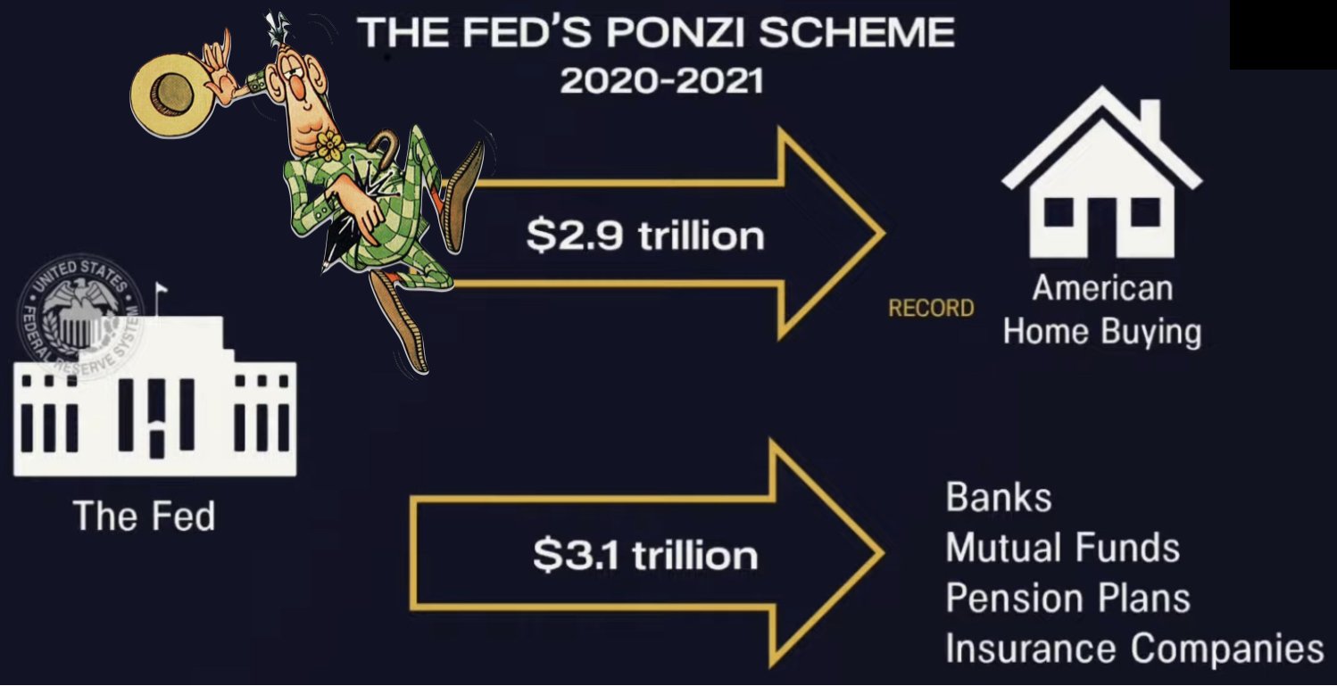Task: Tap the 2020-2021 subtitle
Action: [x=661, y=80]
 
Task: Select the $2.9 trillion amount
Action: [x=645, y=236]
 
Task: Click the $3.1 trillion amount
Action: [x=645, y=555]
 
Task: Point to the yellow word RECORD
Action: [x=931, y=308]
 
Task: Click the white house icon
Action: [x=1102, y=172]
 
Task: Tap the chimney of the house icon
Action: [x=1150, y=120]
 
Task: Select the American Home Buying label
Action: [x=1102, y=310]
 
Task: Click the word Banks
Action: [x=999, y=498]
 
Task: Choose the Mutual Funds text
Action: [x=1062, y=548]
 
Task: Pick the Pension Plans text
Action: [x=1067, y=599]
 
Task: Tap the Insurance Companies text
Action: [x=1134, y=649]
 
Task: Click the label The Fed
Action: [x=144, y=516]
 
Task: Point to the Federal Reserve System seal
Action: [x=80, y=316]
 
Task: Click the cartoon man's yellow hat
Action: [x=172, y=95]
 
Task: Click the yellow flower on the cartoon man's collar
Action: [x=330, y=145]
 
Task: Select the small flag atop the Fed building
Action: [x=162, y=289]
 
